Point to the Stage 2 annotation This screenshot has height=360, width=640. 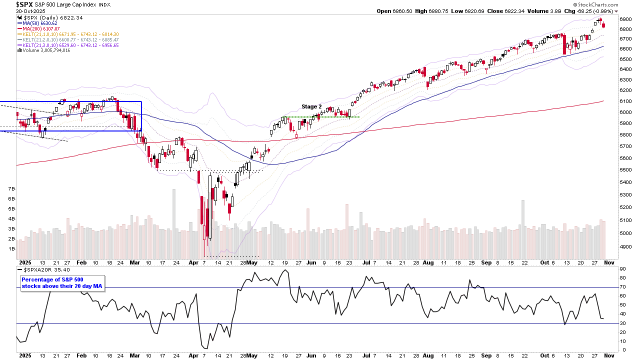[x=311, y=106]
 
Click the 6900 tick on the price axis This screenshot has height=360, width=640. [x=625, y=19]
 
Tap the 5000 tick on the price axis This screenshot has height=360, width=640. [x=625, y=233]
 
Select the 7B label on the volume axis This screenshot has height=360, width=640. [x=11, y=189]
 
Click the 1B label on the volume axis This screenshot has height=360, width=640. [x=11, y=248]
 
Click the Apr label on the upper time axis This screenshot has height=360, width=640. [x=193, y=262]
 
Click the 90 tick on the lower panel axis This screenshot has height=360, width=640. [x=622, y=269]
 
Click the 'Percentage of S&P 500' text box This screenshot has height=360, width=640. [x=62, y=282]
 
